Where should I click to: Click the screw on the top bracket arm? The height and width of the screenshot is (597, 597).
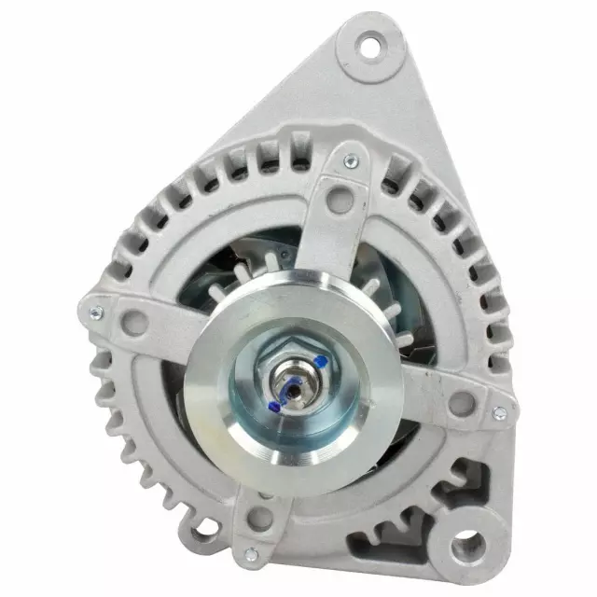(x=350, y=161)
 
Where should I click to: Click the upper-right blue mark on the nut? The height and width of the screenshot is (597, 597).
(x=320, y=360)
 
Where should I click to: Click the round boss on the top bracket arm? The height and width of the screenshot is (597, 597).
(x=341, y=198)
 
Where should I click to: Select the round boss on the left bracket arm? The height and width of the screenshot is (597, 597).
(x=133, y=324)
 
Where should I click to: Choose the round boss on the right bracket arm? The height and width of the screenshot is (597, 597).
(x=460, y=403)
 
